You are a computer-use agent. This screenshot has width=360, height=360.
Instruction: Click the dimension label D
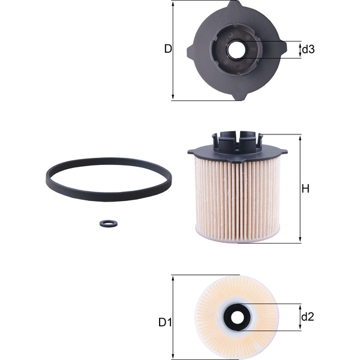coord(168,49)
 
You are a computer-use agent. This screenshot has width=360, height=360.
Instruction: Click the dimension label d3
coord(308,49)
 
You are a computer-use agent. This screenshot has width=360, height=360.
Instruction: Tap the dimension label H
coord(305,189)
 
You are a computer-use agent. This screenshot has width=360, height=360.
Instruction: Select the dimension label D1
coord(165,322)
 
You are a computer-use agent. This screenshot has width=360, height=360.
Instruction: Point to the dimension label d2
coord(307,316)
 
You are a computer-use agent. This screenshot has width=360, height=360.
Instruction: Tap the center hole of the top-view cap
coord(236,50)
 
